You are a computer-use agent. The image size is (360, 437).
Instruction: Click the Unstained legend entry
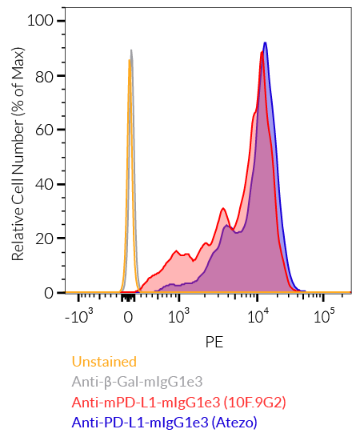coord(104,362)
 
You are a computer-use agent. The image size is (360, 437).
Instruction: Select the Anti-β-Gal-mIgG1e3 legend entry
coord(138,382)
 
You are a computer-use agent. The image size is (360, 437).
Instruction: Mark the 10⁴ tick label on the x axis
coord(258,317)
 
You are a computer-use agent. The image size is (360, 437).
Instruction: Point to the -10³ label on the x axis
coord(80,317)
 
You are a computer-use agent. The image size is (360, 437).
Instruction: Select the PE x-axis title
coord(214,342)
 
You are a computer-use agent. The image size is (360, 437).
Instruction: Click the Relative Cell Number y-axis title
coord(18,156)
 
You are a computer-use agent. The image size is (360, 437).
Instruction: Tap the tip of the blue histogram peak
coord(265,43)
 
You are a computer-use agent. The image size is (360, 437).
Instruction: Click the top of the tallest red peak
coord(262,53)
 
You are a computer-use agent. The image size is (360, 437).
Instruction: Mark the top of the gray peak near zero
coord(131,50)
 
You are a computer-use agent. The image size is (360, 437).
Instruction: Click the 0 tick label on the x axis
coord(128,318)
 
